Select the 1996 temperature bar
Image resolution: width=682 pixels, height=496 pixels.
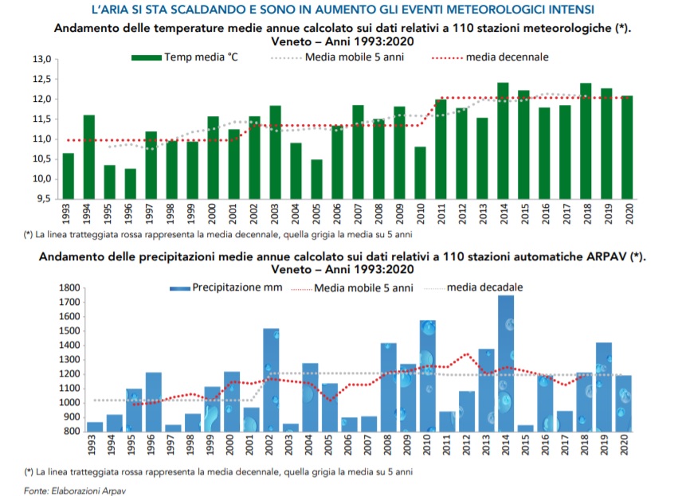(x=130, y=184)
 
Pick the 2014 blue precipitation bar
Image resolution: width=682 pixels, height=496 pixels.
(x=505, y=363)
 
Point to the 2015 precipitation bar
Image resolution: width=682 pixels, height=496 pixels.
(x=525, y=428)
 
